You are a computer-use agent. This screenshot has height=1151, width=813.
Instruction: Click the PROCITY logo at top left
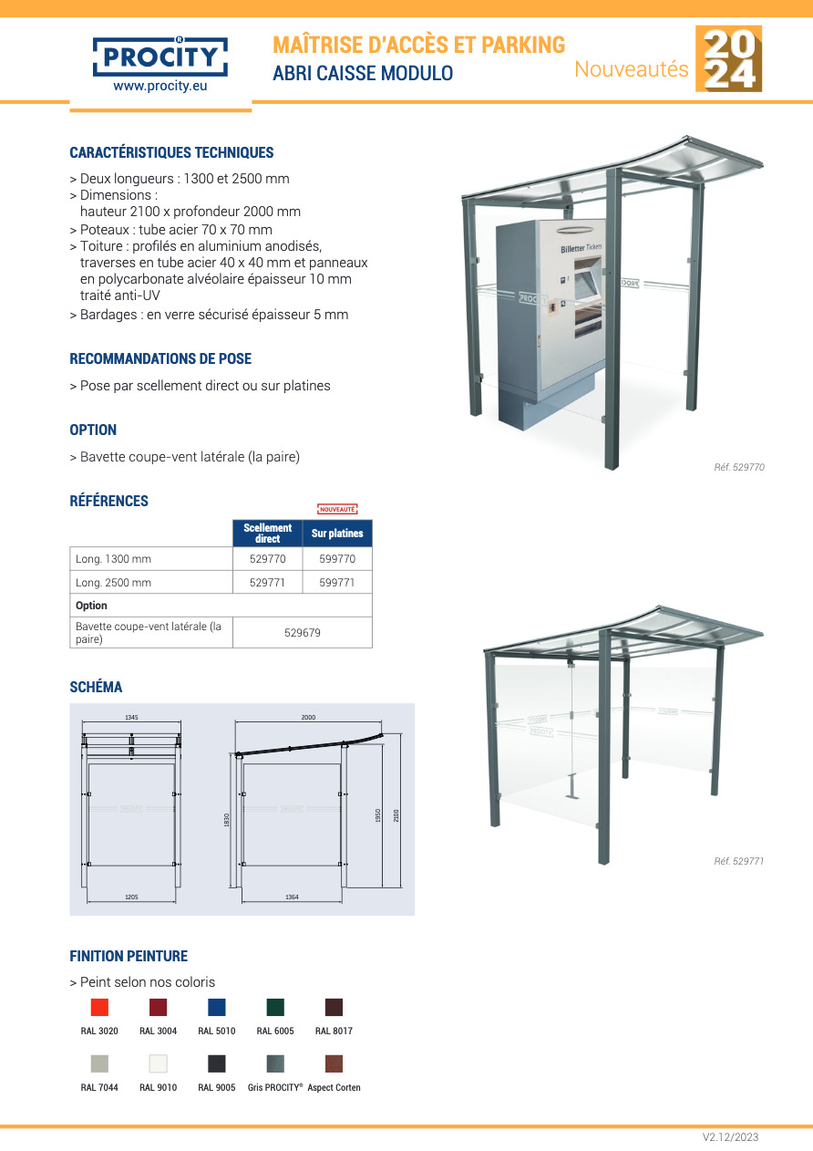pos(160,57)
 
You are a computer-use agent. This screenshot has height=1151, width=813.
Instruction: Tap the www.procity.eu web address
pos(160,88)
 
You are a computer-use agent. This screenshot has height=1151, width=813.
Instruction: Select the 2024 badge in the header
pos(728,59)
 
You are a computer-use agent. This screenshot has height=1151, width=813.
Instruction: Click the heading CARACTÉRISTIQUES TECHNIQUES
pos(171,152)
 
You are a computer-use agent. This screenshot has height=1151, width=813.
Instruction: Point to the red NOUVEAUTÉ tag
pos(336,509)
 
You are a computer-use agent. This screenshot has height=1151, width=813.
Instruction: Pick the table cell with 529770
pos(267,559)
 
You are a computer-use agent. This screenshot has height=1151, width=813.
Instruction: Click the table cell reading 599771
pos(337,583)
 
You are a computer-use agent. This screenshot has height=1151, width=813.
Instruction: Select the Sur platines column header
pos(337,534)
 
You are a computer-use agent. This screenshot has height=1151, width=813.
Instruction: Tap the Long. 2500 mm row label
pos(114,583)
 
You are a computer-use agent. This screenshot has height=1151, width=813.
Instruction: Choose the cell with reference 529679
pos(303,633)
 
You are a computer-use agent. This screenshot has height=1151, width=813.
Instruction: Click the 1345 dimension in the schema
pos(131,718)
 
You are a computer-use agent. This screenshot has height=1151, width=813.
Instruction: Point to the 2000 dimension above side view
pos(308,718)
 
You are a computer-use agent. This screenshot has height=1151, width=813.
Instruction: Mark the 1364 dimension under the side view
pos(292,897)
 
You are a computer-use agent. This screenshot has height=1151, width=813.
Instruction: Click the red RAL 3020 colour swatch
pos(99,1007)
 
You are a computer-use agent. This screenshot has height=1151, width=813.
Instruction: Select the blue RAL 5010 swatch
pos(217,1007)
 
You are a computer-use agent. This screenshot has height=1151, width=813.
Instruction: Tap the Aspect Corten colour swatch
pos(334,1063)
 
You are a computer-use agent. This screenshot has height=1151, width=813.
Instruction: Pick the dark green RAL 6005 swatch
pos(275,1007)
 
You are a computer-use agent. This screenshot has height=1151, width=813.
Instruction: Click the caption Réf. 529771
pos(738,861)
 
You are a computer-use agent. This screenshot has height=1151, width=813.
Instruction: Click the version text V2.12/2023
pos(730,1137)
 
